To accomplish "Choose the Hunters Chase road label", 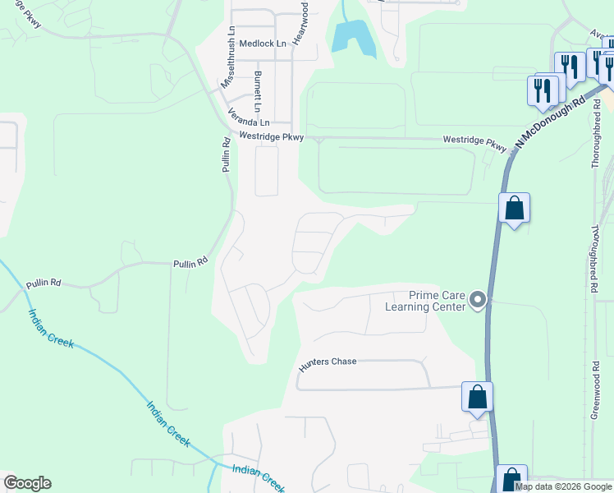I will point(328,362).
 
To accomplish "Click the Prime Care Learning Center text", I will point(426,302).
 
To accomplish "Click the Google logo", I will point(27,483).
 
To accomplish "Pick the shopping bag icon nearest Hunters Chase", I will point(478,398).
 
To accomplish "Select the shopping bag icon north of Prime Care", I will point(514,209).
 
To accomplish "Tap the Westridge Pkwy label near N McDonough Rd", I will point(475,142).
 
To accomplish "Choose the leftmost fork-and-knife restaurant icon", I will point(542,90).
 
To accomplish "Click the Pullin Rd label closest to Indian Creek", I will point(44,283).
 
